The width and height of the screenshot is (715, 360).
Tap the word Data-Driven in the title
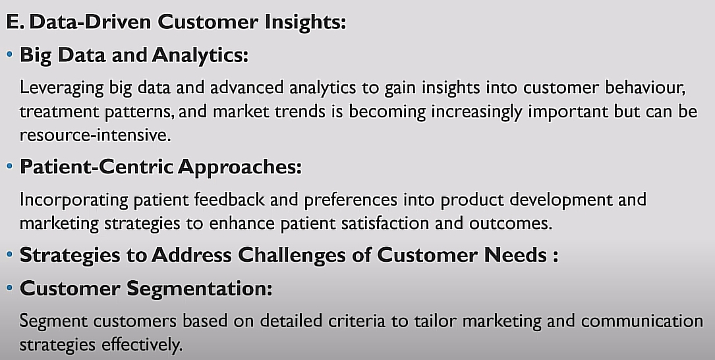pyautogui.click(x=90, y=22)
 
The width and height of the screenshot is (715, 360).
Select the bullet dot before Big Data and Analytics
pyautogui.click(x=10, y=54)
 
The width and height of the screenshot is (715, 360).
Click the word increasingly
pyautogui.click(x=476, y=112)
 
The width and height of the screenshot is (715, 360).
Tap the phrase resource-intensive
pyautogui.click(x=96, y=135)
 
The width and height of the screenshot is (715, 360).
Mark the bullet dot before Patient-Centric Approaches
pyautogui.click(x=10, y=167)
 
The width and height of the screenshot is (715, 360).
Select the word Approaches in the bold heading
pyautogui.click(x=240, y=167)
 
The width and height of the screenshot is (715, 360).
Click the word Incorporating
pyautogui.click(x=74, y=200)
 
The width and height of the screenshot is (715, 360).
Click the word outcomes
pyautogui.click(x=511, y=224)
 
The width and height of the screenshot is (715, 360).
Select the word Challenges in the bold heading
pyautogui.click(x=291, y=255)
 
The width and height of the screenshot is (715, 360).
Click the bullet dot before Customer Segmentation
pyautogui.click(x=10, y=288)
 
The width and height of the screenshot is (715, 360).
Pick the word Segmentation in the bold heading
pyautogui.click(x=199, y=288)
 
